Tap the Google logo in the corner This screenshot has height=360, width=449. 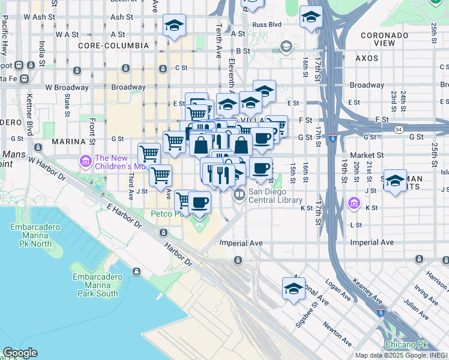point(20,353)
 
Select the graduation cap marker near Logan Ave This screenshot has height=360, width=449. point(294,288)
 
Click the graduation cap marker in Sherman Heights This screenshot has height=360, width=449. point(395,181)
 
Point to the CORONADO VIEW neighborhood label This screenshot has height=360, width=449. point(384,39)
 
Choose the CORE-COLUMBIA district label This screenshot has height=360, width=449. point(113,46)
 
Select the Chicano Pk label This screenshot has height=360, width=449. point(406,344)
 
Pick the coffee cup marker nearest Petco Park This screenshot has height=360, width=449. point(200,202)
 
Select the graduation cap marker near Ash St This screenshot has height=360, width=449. point(174,25)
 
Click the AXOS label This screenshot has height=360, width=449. point(366,59)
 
